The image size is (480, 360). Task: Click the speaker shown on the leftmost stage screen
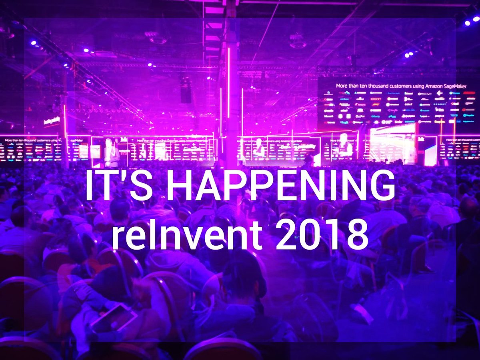[x=111, y=152]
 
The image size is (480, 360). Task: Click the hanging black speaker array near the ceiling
[x=186, y=90]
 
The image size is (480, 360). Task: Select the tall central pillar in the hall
[x=232, y=100]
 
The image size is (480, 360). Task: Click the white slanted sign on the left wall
[x=52, y=120]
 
